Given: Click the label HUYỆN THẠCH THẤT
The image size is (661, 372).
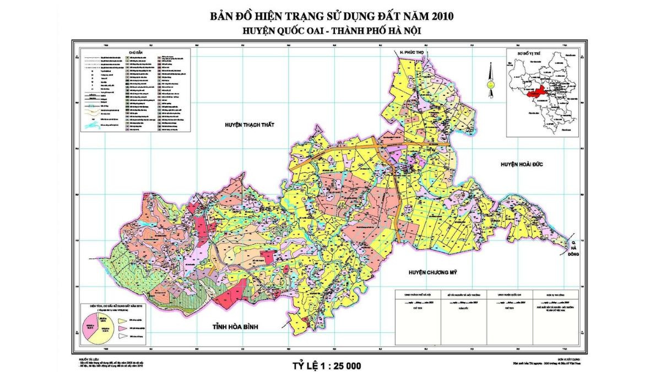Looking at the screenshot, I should (x=249, y=125).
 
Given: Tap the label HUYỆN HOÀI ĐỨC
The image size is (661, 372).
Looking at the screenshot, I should (x=522, y=164).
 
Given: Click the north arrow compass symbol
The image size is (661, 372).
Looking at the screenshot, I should (x=489, y=76).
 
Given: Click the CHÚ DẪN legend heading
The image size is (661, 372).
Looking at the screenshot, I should (x=136, y=52).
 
